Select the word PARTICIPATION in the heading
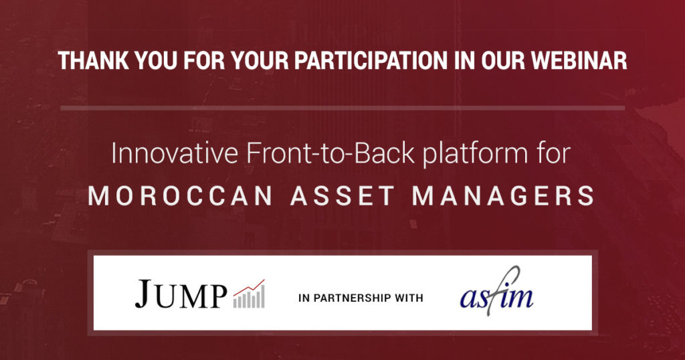[371, 61]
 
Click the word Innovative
[175, 153]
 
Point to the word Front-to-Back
[330, 153]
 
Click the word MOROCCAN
[181, 195]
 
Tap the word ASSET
[342, 195]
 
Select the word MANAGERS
[503, 195]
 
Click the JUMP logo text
[181, 294]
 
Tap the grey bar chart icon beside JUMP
[249, 294]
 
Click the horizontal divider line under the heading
[342, 108]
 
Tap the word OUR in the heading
[503, 61]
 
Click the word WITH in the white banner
[409, 298]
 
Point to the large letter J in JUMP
[144, 294]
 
